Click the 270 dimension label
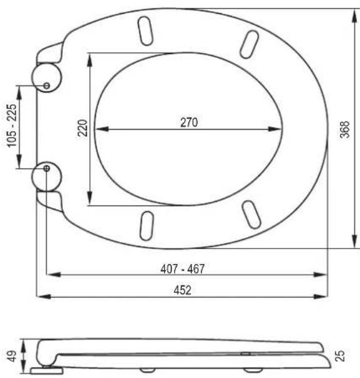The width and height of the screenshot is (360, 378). point(189,122)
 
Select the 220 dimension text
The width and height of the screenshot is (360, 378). point(82,128)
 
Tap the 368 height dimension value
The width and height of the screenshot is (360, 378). point(344,130)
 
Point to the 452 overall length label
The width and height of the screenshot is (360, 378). point(183,290)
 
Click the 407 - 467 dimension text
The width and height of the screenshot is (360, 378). point(183,269)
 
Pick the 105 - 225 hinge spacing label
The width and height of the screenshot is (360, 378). point(12,126)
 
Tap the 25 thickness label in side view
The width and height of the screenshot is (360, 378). point(339,356)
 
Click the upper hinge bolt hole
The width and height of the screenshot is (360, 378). point(46,86)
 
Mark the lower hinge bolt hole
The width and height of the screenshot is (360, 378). point(46,169)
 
